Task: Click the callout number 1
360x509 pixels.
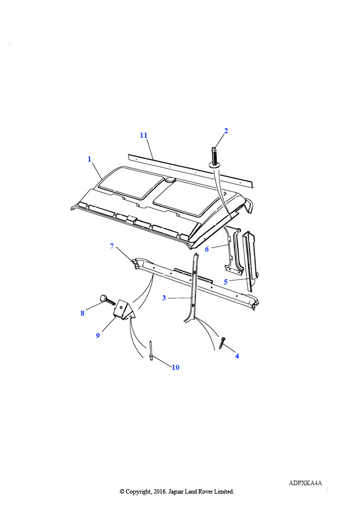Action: point(90,159)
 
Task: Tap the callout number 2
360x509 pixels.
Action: point(226,131)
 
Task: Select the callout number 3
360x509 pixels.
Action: point(164,298)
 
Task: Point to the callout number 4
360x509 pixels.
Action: point(237,356)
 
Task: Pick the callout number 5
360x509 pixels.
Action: point(226,282)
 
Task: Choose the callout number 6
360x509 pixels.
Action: point(207,250)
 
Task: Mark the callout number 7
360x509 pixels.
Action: point(112,246)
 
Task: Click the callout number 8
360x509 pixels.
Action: point(83,313)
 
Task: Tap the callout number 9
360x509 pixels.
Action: point(98,336)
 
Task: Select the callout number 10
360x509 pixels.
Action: point(176,367)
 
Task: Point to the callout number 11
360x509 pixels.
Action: point(144,135)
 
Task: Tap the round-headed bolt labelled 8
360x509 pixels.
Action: point(107,300)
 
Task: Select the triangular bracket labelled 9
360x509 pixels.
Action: point(124,309)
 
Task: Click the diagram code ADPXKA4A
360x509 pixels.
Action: point(305,483)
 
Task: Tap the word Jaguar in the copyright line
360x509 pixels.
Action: point(176,492)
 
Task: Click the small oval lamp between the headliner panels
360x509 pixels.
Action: point(170,179)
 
